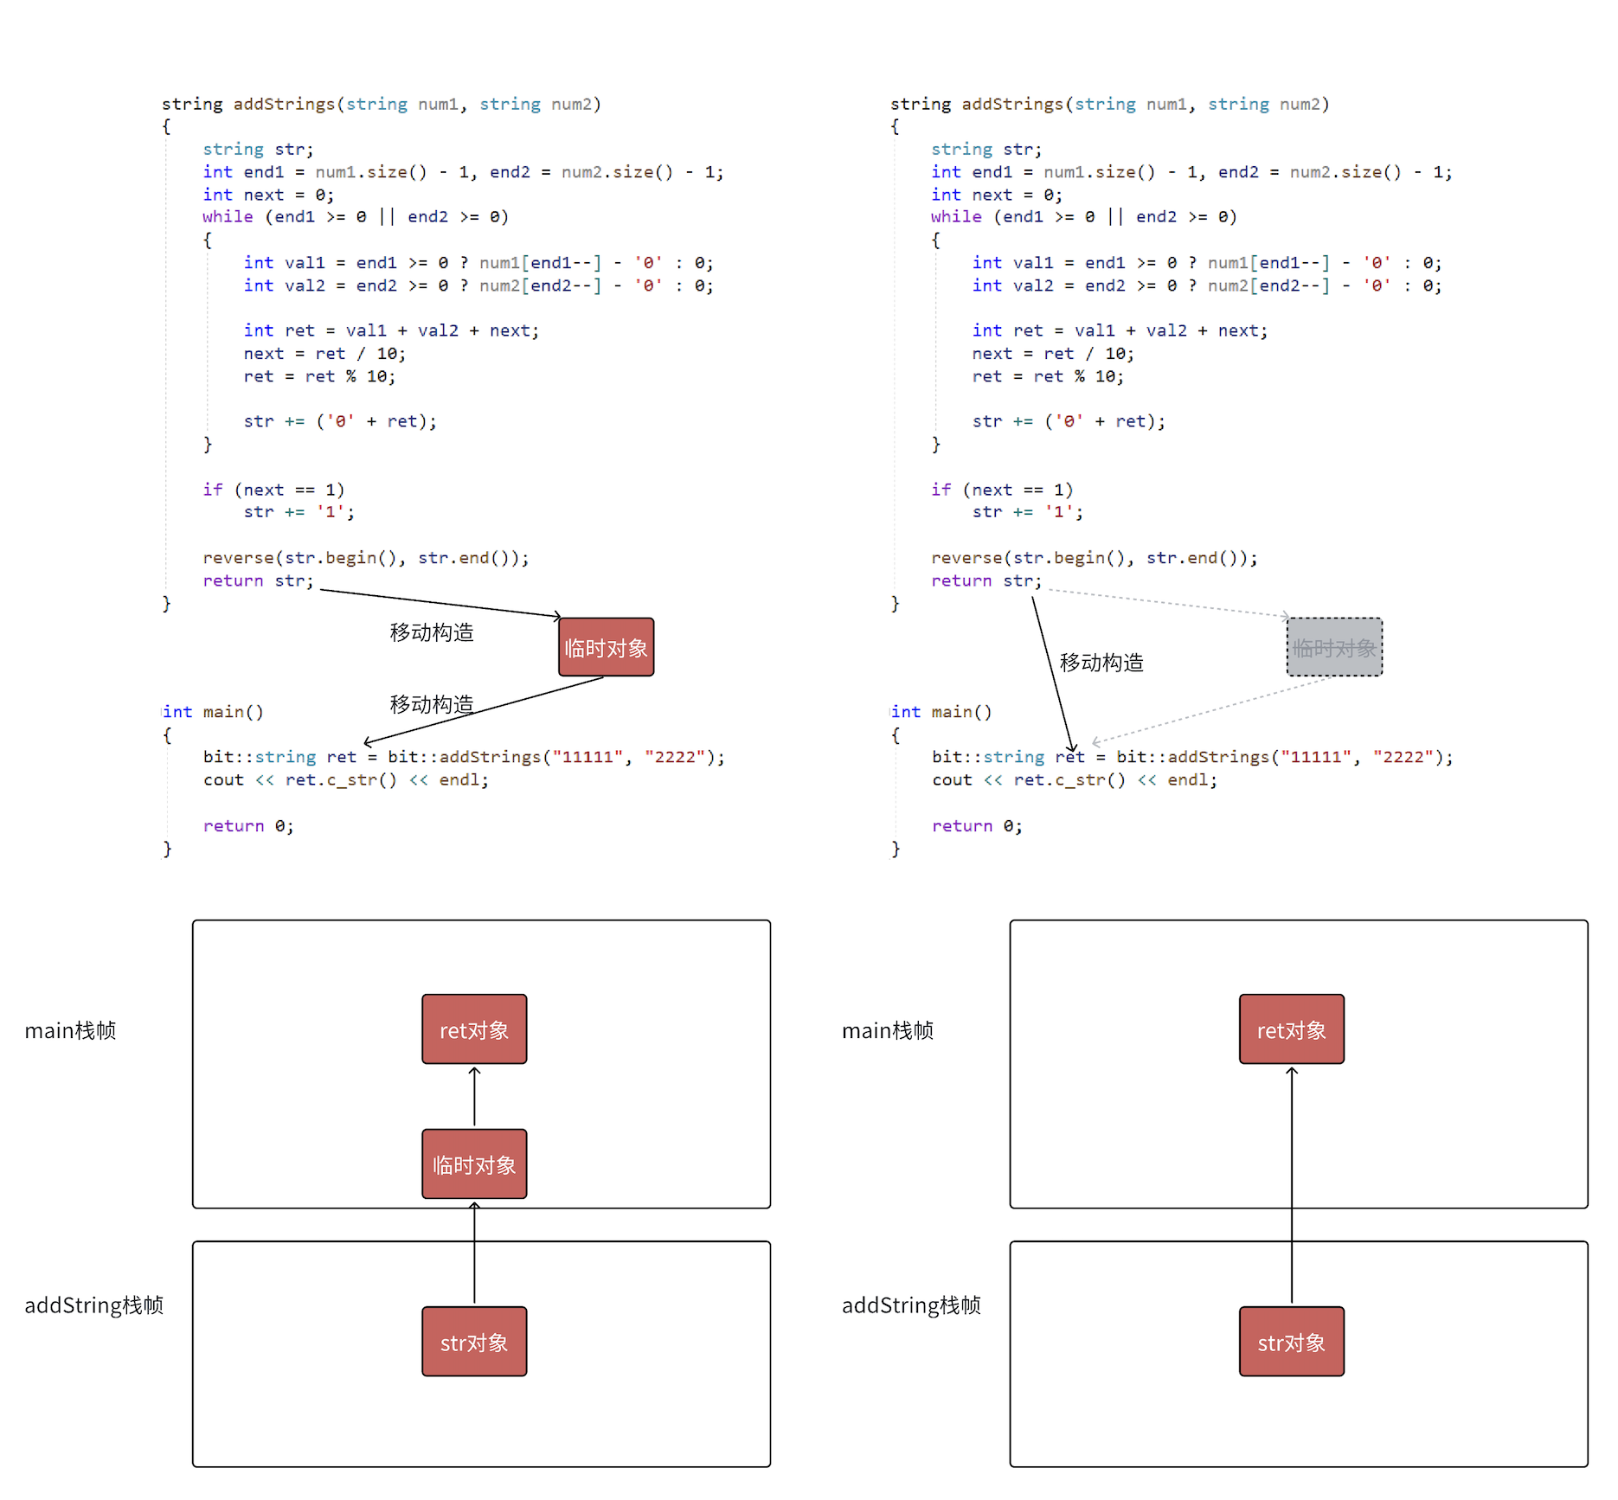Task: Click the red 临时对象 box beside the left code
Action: pos(606,647)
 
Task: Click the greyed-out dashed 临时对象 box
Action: pos(1334,647)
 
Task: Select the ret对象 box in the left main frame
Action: pos(474,1029)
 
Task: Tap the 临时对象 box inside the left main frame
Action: pos(474,1164)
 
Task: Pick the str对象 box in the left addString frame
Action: pos(474,1342)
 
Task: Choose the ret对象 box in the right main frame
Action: pos(1291,1029)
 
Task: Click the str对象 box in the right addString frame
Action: pos(1291,1342)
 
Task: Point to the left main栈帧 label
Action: pos(70,1030)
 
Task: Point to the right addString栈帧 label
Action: pos(911,1305)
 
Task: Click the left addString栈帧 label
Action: pos(93,1305)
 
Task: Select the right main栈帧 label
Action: pos(888,1030)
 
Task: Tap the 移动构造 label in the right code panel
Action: pos(1101,663)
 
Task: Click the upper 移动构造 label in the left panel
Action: pos(432,632)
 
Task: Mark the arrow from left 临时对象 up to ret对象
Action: pos(474,1096)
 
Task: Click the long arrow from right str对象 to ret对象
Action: pos(1292,1185)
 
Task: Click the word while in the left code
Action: pos(228,217)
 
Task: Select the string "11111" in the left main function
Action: pos(587,757)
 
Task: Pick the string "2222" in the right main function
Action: pos(1398,757)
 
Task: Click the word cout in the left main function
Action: pos(223,780)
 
